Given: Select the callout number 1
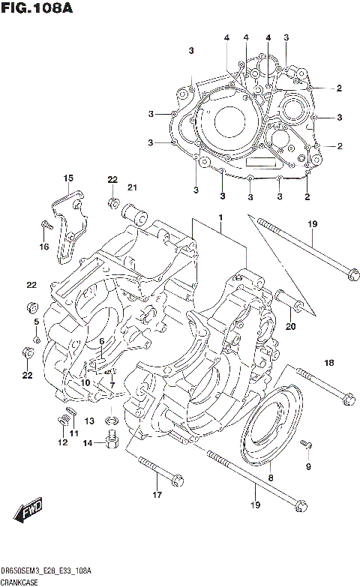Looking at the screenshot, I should (x=221, y=217).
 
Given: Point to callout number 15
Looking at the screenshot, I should (x=68, y=178).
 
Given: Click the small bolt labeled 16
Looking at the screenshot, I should (x=45, y=223).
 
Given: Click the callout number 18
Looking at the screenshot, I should (x=328, y=364).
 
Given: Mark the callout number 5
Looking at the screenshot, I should (x=35, y=322).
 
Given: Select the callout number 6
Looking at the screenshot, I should (x=101, y=341).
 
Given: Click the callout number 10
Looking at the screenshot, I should (x=85, y=382).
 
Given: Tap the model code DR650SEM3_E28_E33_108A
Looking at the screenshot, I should (x=46, y=571).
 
